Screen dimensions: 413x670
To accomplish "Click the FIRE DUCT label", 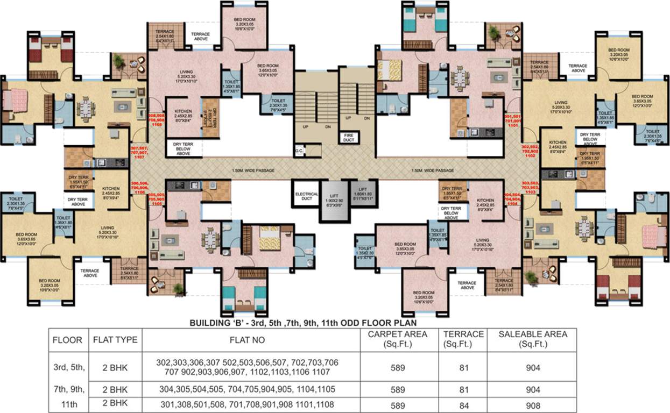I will pyautogui.click(x=349, y=138).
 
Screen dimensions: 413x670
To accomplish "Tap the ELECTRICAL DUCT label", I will pyautogui.click(x=306, y=195).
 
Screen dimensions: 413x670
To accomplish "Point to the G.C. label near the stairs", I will pyautogui.click(x=299, y=152).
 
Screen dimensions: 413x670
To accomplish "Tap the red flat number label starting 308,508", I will pyautogui.click(x=157, y=119).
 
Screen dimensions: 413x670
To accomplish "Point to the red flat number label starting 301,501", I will pyautogui.click(x=513, y=119).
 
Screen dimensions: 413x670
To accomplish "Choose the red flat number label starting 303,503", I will pyautogui.click(x=531, y=187).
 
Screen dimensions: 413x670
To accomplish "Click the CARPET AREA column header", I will pyautogui.click(x=397, y=339).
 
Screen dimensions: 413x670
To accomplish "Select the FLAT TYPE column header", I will pyautogui.click(x=115, y=340).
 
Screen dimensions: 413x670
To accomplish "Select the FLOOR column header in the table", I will pyautogui.click(x=67, y=340).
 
